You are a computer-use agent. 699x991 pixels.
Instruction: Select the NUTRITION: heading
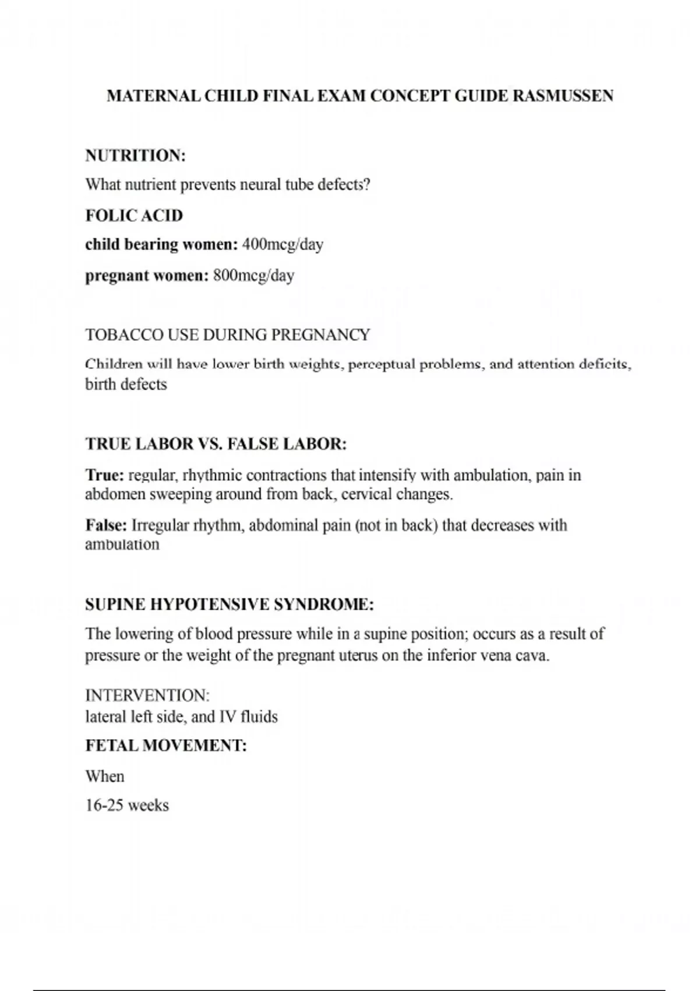pos(135,156)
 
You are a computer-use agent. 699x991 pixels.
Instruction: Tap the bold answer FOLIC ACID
pos(134,216)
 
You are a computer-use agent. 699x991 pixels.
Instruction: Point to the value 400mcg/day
pos(283,244)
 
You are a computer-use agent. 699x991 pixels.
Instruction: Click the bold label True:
pos(104,475)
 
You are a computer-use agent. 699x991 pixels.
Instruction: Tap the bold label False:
pos(106,525)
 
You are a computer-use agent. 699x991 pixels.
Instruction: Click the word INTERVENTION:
pos(147,695)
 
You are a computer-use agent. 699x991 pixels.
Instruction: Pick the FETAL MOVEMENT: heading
pos(166,746)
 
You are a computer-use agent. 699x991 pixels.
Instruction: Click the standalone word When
pos(105,776)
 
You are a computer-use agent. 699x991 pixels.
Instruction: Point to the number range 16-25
pos(104,806)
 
